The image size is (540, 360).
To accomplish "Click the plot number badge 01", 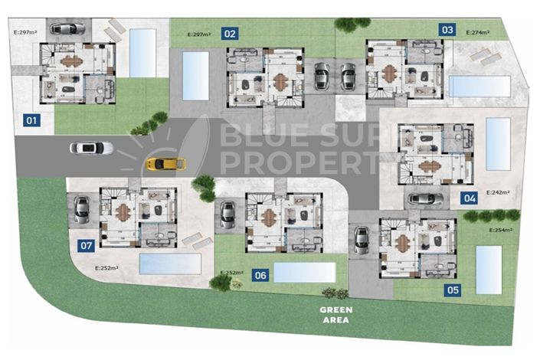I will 32,120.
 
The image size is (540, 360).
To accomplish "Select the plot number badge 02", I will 230,33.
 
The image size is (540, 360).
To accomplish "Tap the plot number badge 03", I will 447,30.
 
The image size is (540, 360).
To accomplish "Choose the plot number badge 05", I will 453,290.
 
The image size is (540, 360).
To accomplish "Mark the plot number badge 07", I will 87,246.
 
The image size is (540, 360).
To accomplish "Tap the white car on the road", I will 91,148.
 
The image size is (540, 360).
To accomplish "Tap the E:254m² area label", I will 503,230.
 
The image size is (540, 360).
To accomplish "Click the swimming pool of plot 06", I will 304,273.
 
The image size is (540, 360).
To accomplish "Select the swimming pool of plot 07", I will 170,264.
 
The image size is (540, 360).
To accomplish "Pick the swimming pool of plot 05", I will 489,270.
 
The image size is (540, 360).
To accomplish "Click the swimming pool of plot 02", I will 195,74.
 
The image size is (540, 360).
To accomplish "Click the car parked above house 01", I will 67,28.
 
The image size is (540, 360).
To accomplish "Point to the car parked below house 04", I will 425,199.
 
